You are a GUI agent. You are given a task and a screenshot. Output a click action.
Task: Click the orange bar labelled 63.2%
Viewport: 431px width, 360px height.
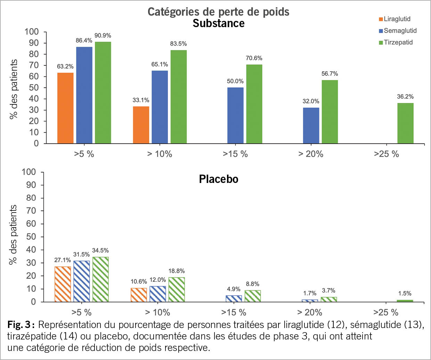tap(65, 108)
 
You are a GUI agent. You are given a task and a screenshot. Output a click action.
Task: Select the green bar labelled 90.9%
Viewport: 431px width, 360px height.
tap(103, 93)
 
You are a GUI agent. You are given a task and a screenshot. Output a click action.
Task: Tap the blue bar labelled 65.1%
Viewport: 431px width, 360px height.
tap(160, 107)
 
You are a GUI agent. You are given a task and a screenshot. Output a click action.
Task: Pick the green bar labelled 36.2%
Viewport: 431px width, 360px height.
tap(405, 123)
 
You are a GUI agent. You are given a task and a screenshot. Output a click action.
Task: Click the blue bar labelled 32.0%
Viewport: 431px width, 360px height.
tap(311, 125)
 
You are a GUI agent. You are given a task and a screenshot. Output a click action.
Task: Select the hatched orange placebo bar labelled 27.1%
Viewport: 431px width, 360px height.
tap(63, 284)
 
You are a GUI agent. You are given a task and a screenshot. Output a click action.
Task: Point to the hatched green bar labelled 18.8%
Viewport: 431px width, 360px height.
tap(177, 289)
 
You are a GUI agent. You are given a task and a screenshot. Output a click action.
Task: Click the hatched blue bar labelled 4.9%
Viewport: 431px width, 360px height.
tap(234, 298)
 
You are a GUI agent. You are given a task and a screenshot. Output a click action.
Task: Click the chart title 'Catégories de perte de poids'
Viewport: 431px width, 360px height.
tap(218, 12)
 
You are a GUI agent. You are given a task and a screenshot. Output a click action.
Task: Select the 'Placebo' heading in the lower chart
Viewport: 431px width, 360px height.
tap(218, 179)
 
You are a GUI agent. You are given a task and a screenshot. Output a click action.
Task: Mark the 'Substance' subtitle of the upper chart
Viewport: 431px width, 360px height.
tap(218, 23)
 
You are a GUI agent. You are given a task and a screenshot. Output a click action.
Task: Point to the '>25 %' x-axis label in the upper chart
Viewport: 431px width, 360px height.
tap(386, 154)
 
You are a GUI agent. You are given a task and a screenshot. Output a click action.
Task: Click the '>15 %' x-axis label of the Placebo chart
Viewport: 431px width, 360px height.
tap(234, 312)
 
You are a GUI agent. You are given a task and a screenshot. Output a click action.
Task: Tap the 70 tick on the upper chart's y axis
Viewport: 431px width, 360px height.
tap(34, 65)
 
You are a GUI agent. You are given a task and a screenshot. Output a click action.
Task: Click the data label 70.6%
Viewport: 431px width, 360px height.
tap(254, 58)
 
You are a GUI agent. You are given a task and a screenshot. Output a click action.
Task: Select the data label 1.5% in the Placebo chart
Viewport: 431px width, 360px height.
tap(405, 294)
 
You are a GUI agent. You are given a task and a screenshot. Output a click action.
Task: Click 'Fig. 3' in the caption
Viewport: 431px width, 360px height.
tap(19, 325)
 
